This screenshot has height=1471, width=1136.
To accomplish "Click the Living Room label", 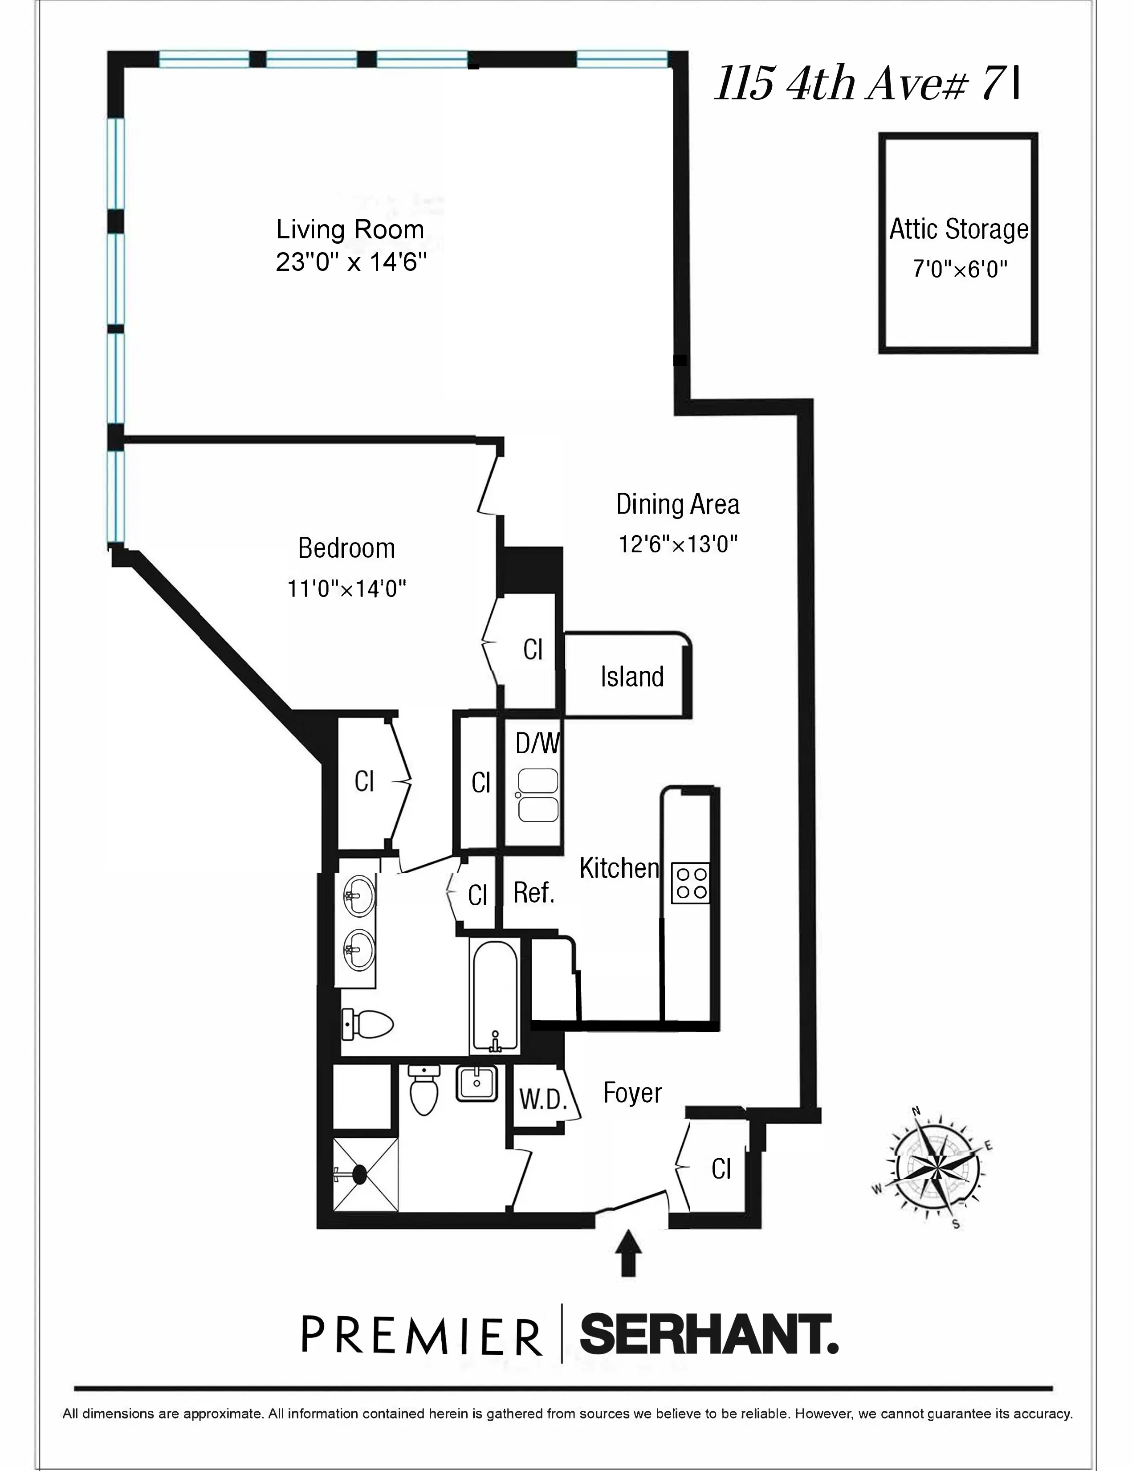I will (x=350, y=230).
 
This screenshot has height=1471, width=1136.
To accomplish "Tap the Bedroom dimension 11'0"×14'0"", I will (x=347, y=589).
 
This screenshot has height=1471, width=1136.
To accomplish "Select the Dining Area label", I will (x=677, y=504).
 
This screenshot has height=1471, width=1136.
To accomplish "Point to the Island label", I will (x=631, y=677).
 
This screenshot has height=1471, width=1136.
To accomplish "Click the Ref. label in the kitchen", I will (x=534, y=893).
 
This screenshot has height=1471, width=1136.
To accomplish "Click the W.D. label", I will (x=540, y=1100).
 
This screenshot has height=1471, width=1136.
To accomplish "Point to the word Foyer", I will (x=632, y=1092).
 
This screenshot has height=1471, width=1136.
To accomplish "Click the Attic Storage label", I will (x=959, y=230).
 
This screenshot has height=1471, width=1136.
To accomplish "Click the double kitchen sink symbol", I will (x=537, y=796).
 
